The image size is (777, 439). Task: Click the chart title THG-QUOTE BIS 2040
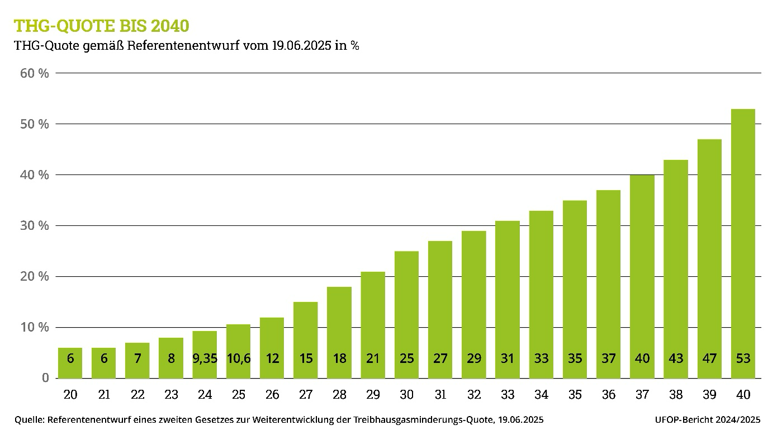coord(101,26)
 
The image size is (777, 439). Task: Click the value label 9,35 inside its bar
coord(205,358)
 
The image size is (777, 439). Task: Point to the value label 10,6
coord(238,358)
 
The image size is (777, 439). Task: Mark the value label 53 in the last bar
coord(743,358)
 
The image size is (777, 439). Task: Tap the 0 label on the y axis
coord(45,379)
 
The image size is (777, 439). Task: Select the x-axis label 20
coord(70,395)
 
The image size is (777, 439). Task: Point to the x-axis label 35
coord(575,395)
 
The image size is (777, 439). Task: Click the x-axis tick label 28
coord(339,395)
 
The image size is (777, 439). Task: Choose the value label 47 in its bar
coord(709,358)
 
